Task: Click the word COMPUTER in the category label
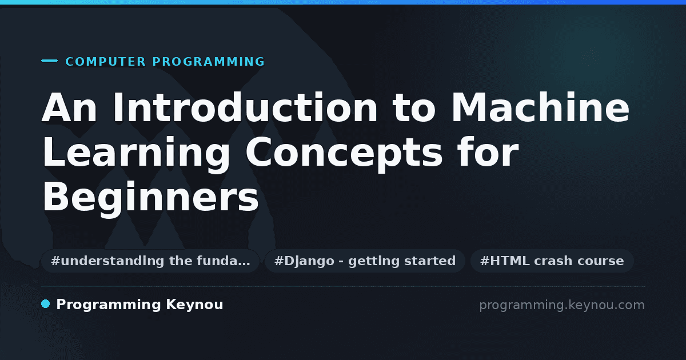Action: (106, 62)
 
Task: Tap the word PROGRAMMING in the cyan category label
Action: (209, 62)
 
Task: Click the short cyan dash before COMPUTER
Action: (49, 61)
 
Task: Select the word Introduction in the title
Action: (245, 108)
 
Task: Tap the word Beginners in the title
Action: (151, 198)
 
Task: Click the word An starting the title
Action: (69, 108)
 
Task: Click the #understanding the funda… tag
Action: (150, 261)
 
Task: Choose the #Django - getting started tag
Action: (365, 261)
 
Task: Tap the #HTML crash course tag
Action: (552, 261)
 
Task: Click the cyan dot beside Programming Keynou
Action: (46, 304)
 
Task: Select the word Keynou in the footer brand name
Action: (194, 305)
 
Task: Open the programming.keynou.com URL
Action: (562, 305)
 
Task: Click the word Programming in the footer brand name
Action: (109, 305)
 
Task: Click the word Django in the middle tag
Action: (309, 261)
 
